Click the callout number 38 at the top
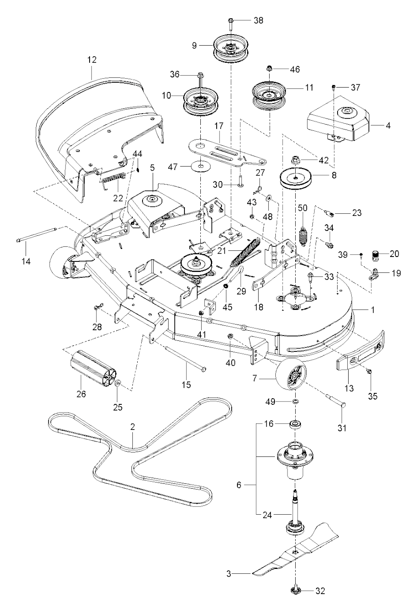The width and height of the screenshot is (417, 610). pos(248,20)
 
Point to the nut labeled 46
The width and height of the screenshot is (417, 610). pos(269,68)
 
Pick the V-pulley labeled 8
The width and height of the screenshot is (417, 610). pos(296,178)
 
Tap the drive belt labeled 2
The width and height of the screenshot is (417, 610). pos(134,448)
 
